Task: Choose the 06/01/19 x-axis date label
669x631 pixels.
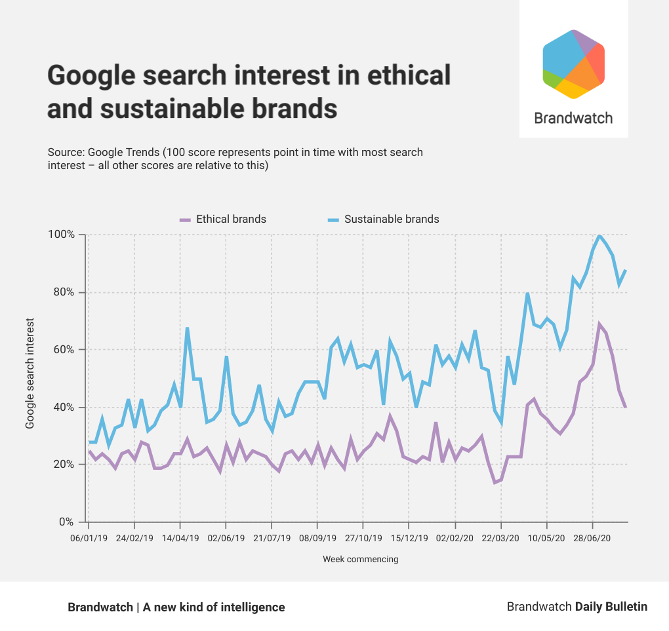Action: coord(89,538)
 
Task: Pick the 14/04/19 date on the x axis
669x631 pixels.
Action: coord(180,538)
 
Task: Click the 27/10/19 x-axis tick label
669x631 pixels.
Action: coord(363,538)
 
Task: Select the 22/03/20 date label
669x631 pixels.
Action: coord(501,538)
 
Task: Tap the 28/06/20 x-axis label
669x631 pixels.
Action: coord(592,538)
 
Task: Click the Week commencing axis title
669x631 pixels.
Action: coord(360,560)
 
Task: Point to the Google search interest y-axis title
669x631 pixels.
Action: coord(30,374)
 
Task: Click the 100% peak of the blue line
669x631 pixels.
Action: coord(599,235)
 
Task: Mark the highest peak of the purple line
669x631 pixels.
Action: coord(599,324)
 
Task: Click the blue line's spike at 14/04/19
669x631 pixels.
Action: coord(187,328)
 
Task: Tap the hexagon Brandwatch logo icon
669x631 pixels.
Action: coord(573,64)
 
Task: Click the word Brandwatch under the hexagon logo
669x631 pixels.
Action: coord(573,118)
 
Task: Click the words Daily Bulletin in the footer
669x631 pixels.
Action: coord(611,607)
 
